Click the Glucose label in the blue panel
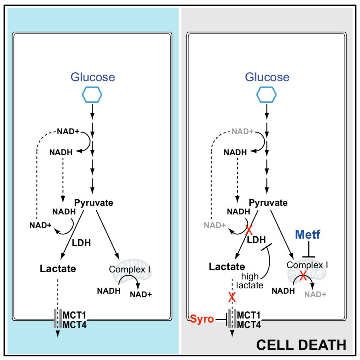point(93,77)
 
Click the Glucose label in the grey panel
point(267,77)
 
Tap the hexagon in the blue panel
point(92,95)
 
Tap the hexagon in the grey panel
point(267,95)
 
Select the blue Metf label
point(308,235)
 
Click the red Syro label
point(202,320)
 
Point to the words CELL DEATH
point(301,345)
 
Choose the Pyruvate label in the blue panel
point(93,203)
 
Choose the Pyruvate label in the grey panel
point(268,203)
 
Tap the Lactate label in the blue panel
point(58,269)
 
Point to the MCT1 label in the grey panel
point(249,315)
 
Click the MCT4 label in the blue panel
point(75,325)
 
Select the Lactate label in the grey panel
point(227,266)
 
